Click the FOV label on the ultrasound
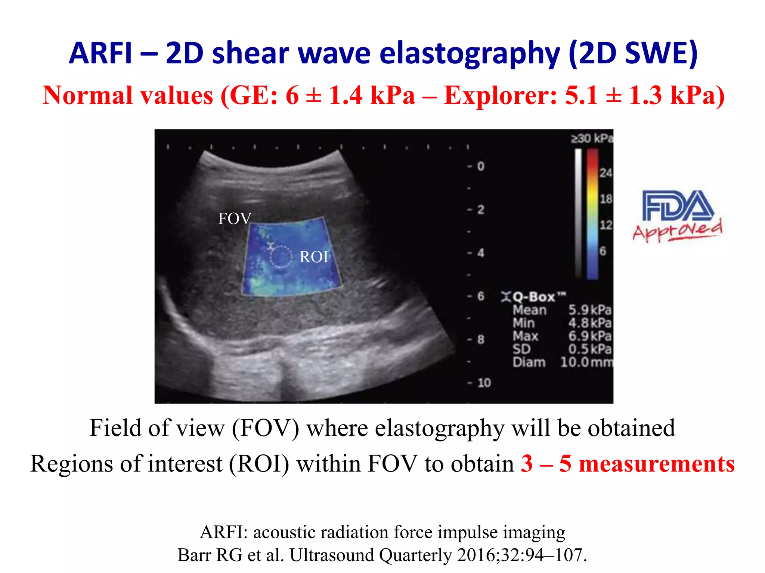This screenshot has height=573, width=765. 235,219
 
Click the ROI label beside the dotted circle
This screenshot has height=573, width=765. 314,257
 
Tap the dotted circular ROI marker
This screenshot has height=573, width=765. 281,257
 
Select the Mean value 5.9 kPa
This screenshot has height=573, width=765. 589,310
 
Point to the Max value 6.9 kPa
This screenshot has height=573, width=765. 589,336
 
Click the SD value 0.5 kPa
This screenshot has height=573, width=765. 589,349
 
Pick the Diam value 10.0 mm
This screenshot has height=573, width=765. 586,362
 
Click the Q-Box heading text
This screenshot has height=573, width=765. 534,297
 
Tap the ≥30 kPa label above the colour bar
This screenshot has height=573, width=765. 592,139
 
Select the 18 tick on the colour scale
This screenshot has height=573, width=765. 606,199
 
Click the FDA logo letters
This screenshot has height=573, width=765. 677,206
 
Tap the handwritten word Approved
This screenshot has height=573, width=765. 677,231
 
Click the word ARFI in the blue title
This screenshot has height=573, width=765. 101,53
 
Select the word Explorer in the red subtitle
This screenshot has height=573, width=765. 501,95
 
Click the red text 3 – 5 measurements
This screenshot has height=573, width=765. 628,464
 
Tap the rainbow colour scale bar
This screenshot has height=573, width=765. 592,214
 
